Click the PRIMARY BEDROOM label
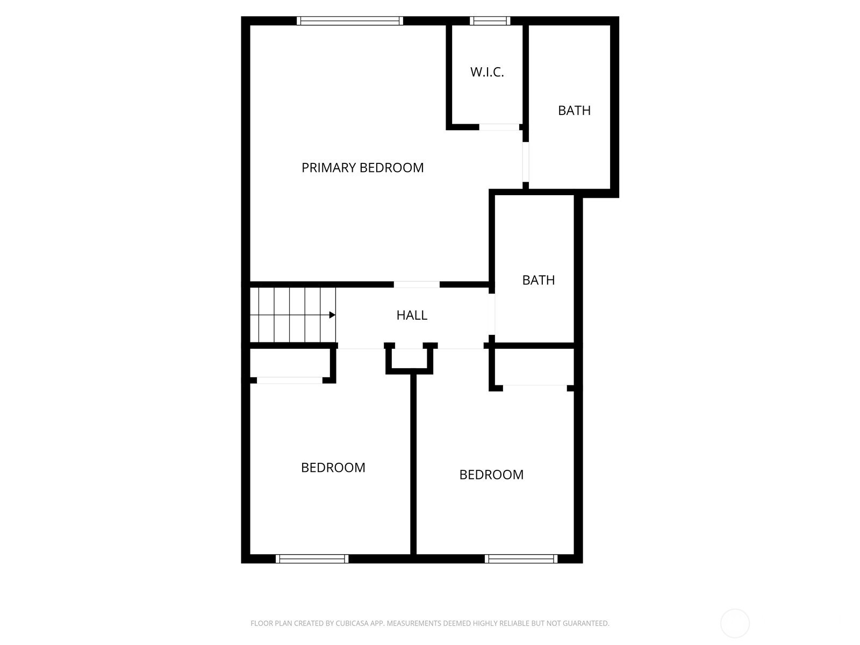click(x=362, y=168)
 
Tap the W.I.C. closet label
click(x=487, y=72)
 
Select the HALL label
click(x=412, y=316)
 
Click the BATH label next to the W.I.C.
click(x=575, y=111)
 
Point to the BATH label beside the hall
click(x=539, y=281)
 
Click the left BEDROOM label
click(x=333, y=468)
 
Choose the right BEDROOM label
click(x=491, y=475)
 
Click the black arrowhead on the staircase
click(x=332, y=315)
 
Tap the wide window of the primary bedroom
click(x=350, y=21)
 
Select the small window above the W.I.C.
click(x=490, y=21)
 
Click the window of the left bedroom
click(x=312, y=559)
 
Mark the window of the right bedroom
click(x=521, y=559)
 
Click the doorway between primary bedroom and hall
click(x=417, y=285)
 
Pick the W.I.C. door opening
click(x=499, y=127)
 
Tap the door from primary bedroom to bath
click(x=526, y=162)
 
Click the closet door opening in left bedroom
click(x=290, y=380)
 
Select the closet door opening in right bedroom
click(x=535, y=388)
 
